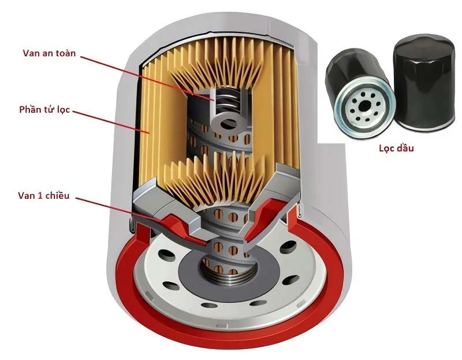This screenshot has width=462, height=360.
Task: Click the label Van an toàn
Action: click(49, 53)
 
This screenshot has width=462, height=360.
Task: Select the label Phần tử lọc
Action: click(44, 109)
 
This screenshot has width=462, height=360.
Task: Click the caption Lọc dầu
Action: click(396, 148)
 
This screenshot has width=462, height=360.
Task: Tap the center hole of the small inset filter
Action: click(363, 107)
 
